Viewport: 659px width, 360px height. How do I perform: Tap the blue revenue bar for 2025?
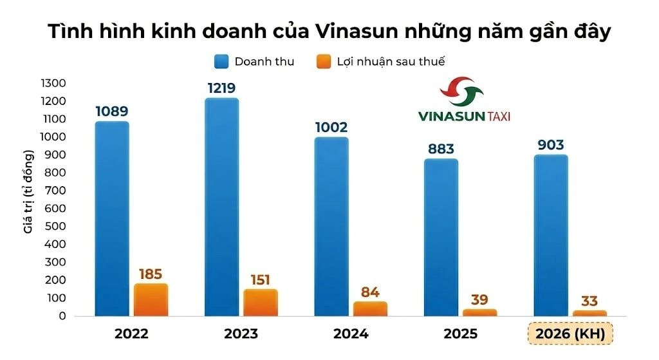(441, 238)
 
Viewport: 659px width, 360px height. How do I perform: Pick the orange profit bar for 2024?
(370, 309)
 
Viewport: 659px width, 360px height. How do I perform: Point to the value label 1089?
(112, 111)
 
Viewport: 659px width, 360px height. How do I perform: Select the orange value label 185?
(150, 274)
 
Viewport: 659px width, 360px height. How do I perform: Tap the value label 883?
(441, 149)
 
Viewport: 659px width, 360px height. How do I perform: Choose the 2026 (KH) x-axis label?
(570, 334)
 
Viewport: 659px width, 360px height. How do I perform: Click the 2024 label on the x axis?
(351, 334)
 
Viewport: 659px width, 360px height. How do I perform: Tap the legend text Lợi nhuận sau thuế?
(391, 62)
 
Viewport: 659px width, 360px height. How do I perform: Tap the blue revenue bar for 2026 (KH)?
(551, 236)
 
